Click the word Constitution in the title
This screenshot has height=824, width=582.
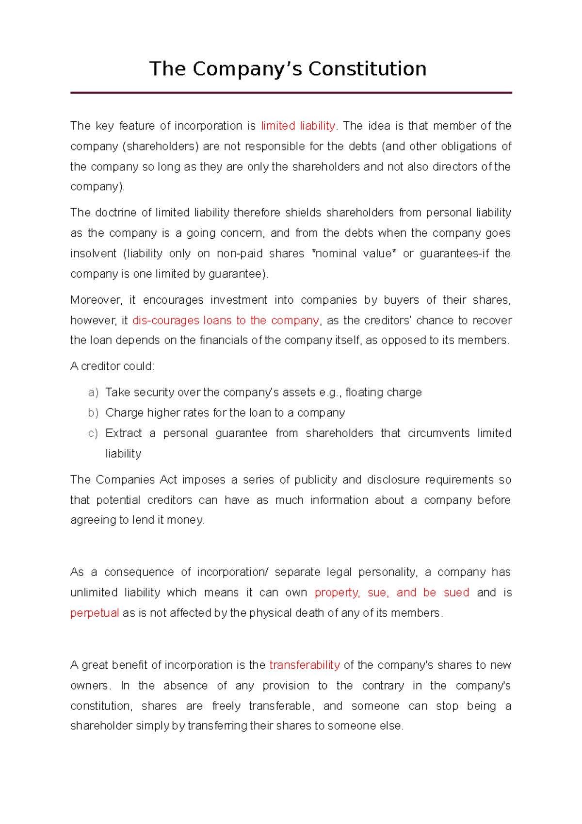pos(367,69)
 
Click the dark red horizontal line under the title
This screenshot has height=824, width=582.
pos(291,92)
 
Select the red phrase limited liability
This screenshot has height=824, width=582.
pos(298,126)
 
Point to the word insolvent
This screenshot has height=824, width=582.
pos(93,253)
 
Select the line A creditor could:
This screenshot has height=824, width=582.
pos(112,366)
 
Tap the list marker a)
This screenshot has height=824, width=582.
pos(93,392)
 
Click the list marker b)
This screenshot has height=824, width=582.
pos(93,412)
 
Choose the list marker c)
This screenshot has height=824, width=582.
pos(93,433)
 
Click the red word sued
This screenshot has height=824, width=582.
pos(456,593)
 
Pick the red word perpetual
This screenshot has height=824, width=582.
pos(95,613)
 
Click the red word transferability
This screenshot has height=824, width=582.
pos(305,665)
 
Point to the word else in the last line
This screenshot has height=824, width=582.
pos(390,726)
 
